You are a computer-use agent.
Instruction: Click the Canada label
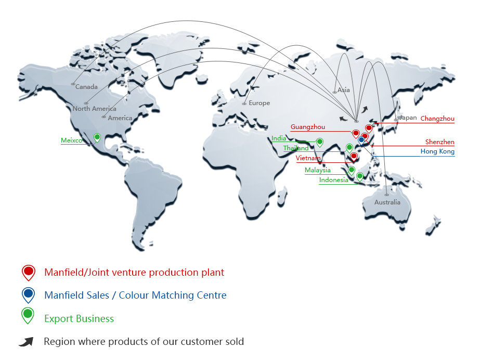[x=86, y=87]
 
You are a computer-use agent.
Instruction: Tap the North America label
[x=95, y=109]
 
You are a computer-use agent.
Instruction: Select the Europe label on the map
[x=259, y=103]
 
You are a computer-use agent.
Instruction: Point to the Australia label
[x=387, y=202]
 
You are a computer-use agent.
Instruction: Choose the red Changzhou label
[x=437, y=119]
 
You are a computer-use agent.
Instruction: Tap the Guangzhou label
[x=308, y=127]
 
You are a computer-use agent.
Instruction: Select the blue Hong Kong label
[x=437, y=152]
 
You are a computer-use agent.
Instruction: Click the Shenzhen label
[x=439, y=142]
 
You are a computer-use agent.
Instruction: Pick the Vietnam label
[x=308, y=158]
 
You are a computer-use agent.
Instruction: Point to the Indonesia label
[x=334, y=181]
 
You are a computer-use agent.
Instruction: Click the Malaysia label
[x=318, y=170]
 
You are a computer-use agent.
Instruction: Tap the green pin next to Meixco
[x=97, y=137]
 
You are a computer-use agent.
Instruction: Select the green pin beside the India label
[x=320, y=142]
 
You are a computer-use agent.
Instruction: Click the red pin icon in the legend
[x=28, y=272]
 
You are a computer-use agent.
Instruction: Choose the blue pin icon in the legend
[x=28, y=294]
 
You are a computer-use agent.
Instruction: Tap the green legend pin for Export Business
[x=28, y=315]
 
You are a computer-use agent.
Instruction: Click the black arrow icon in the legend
[x=26, y=342]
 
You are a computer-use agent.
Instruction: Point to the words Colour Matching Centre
[x=173, y=295]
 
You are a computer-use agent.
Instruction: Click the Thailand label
[x=296, y=148]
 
